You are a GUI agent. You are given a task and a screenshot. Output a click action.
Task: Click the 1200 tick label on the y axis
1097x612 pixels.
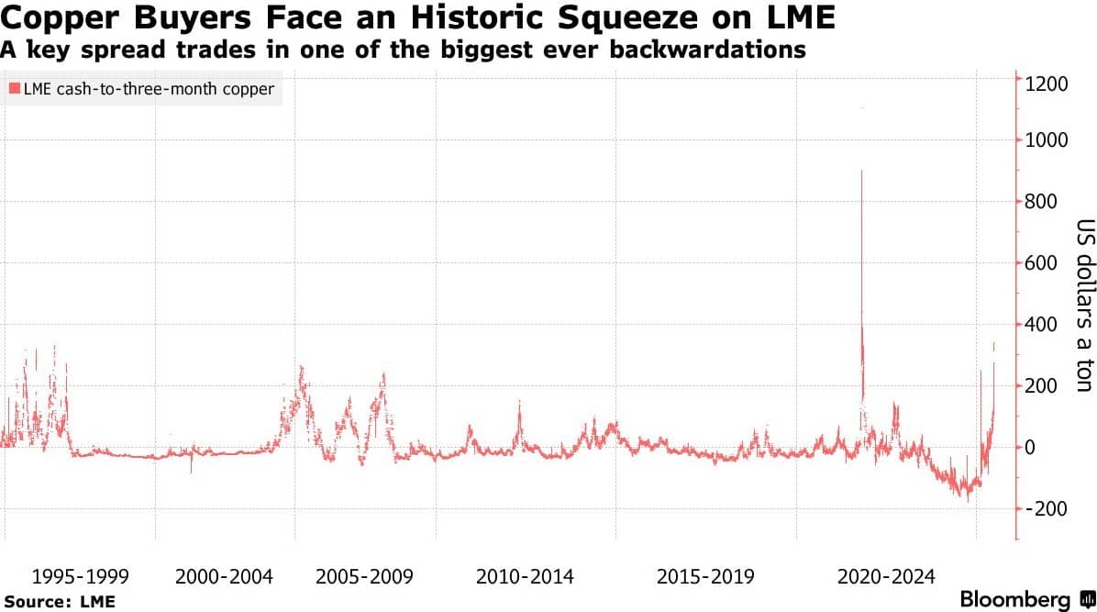[1046, 84]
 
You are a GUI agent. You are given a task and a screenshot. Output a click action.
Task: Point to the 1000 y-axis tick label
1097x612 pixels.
[1046, 140]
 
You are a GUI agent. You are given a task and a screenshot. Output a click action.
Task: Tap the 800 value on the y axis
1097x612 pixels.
[1041, 202]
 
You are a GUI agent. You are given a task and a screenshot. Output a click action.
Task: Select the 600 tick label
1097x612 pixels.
[1041, 263]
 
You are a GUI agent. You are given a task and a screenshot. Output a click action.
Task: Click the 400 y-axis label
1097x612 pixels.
[1041, 324]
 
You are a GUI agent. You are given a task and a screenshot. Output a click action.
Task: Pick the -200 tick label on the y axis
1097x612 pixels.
[1046, 509]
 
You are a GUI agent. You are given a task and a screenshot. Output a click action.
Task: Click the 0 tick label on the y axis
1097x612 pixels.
[1030, 448]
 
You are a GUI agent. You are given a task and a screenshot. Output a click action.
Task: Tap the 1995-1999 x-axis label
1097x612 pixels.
[81, 577]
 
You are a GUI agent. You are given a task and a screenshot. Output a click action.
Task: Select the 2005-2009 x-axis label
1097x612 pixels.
[364, 577]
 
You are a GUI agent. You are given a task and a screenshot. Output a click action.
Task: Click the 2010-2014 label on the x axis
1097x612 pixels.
[525, 577]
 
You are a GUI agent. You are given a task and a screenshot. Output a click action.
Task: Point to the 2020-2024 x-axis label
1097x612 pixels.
[886, 577]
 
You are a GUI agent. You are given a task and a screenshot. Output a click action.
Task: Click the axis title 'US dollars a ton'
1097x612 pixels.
[1084, 306]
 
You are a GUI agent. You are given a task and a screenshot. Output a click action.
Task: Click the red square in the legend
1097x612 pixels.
[14, 89]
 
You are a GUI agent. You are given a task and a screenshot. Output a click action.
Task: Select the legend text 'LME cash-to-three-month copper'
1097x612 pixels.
[149, 90]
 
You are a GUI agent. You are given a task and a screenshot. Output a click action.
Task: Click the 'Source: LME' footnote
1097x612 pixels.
[60, 602]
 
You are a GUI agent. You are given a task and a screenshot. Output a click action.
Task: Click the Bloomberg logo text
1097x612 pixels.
[1014, 599]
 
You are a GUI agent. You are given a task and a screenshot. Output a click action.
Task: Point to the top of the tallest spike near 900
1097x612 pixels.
[861, 171]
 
